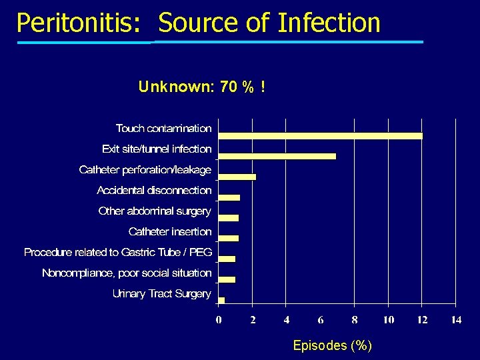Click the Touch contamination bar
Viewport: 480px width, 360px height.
tap(320, 135)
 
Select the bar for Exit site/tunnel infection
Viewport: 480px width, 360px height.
tap(277, 156)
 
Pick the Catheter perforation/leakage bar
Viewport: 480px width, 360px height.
tap(237, 177)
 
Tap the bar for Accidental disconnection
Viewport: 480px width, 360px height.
tap(229, 197)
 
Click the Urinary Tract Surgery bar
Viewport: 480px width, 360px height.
tap(221, 300)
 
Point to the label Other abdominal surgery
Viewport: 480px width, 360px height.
tap(154, 211)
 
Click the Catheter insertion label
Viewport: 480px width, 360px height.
tap(170, 231)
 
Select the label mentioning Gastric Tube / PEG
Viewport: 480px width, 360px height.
tap(118, 252)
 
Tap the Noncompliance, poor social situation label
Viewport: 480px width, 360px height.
tap(127, 273)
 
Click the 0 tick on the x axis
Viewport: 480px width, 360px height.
tap(219, 320)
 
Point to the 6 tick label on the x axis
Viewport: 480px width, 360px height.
tap(321, 320)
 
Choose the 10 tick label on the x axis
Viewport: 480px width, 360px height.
tap(388, 320)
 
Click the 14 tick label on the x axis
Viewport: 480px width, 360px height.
tap(456, 320)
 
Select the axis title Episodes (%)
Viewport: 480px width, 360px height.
tap(333, 345)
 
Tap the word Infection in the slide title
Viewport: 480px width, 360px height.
tap(329, 23)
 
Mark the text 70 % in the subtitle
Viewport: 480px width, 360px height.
tap(237, 87)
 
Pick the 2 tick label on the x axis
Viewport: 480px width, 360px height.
tap(253, 320)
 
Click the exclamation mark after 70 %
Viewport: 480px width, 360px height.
tap(263, 87)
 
